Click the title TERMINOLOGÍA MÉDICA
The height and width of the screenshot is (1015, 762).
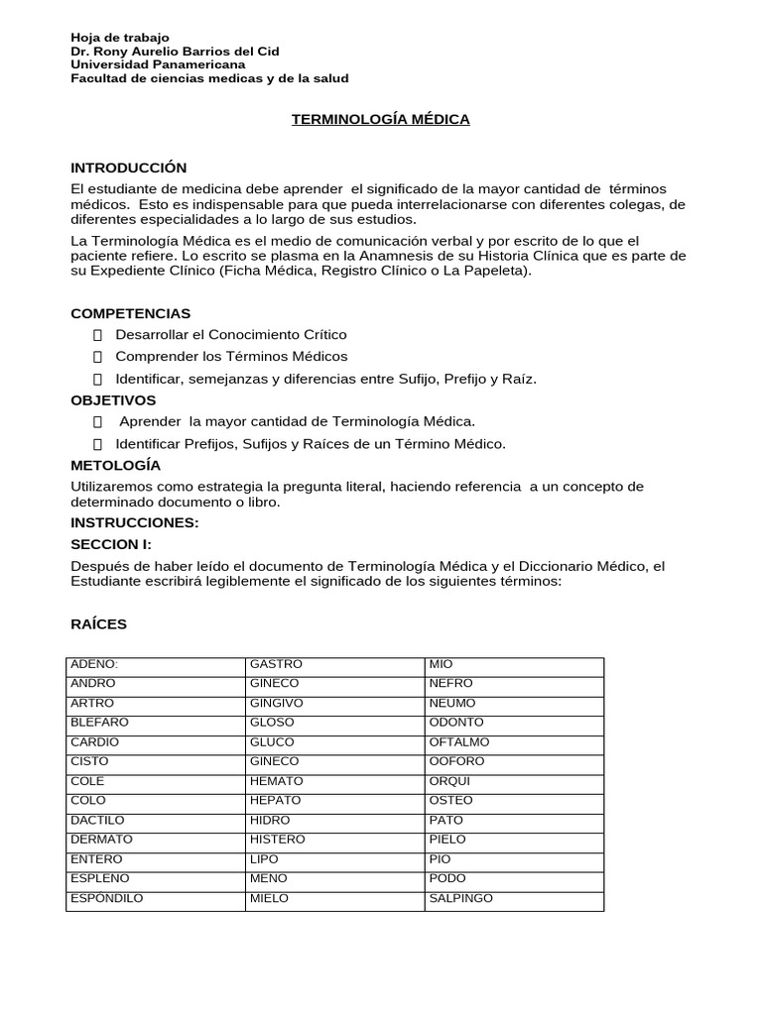coord(380,120)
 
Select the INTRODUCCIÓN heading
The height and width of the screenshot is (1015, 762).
coord(129,168)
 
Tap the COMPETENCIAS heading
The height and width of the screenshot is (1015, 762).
coord(131,313)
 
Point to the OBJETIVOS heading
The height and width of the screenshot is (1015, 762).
coord(113,400)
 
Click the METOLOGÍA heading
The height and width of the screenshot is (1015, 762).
coord(116,465)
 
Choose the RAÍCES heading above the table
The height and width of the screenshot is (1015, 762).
coord(99,624)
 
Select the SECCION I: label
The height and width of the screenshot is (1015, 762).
coord(110,544)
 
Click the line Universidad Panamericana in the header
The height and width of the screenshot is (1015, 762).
coord(158,64)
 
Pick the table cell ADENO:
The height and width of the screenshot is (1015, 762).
coord(94,664)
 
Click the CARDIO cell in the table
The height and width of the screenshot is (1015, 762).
coord(93,742)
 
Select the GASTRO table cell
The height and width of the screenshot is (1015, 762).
coord(276,664)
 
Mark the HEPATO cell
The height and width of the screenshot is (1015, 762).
coord(277,801)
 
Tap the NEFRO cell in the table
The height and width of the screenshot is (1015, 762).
coord(450,684)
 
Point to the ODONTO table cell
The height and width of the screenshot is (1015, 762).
coord(456,723)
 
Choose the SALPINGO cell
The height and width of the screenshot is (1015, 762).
coord(460,899)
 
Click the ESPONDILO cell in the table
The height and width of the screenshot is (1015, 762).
coord(106,899)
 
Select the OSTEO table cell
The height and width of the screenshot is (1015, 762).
coord(450,801)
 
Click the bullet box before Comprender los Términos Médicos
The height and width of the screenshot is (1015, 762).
coord(98,357)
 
